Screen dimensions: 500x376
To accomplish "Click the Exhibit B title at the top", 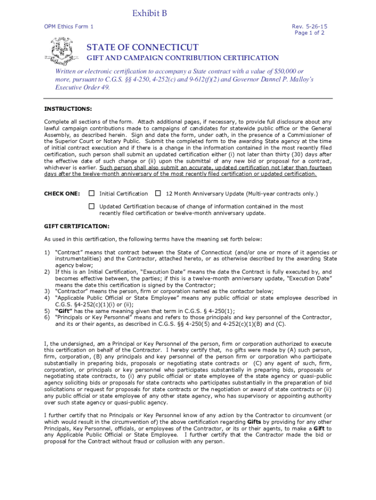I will pyautogui.click(x=150, y=14).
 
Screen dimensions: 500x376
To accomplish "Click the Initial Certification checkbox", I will pyautogui.click(x=91, y=193).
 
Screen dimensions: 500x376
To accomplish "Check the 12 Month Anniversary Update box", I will pyautogui.click(x=158, y=193).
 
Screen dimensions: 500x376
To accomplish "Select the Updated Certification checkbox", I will pyautogui.click(x=91, y=206).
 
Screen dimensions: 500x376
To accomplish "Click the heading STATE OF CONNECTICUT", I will pyautogui.click(x=143, y=47).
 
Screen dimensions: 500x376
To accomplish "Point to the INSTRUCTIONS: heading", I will pyautogui.click(x=68, y=108).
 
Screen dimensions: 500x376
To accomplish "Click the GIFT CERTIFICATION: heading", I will pyautogui.click(x=77, y=226).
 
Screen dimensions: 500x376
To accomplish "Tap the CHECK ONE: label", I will pyautogui.click(x=62, y=194).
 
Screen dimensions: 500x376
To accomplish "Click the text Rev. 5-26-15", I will pyautogui.click(x=310, y=26).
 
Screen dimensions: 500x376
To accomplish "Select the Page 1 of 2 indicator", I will pyautogui.click(x=310, y=33).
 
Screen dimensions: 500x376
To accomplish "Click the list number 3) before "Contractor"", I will pyautogui.click(x=47, y=292).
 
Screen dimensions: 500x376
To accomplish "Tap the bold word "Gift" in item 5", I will pyautogui.click(x=64, y=311).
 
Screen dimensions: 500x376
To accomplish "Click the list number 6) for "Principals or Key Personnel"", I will pyautogui.click(x=47, y=317).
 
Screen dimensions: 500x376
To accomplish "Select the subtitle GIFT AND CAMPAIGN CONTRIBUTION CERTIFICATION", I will pyautogui.click(x=183, y=58).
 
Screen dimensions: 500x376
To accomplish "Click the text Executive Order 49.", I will pyautogui.click(x=82, y=87).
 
